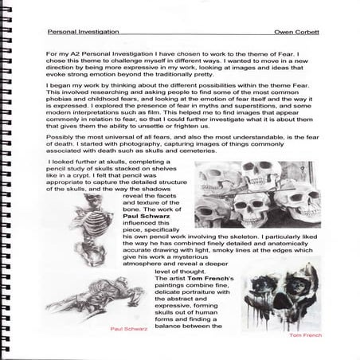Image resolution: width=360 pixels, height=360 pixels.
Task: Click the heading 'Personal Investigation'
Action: pos(83,33)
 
